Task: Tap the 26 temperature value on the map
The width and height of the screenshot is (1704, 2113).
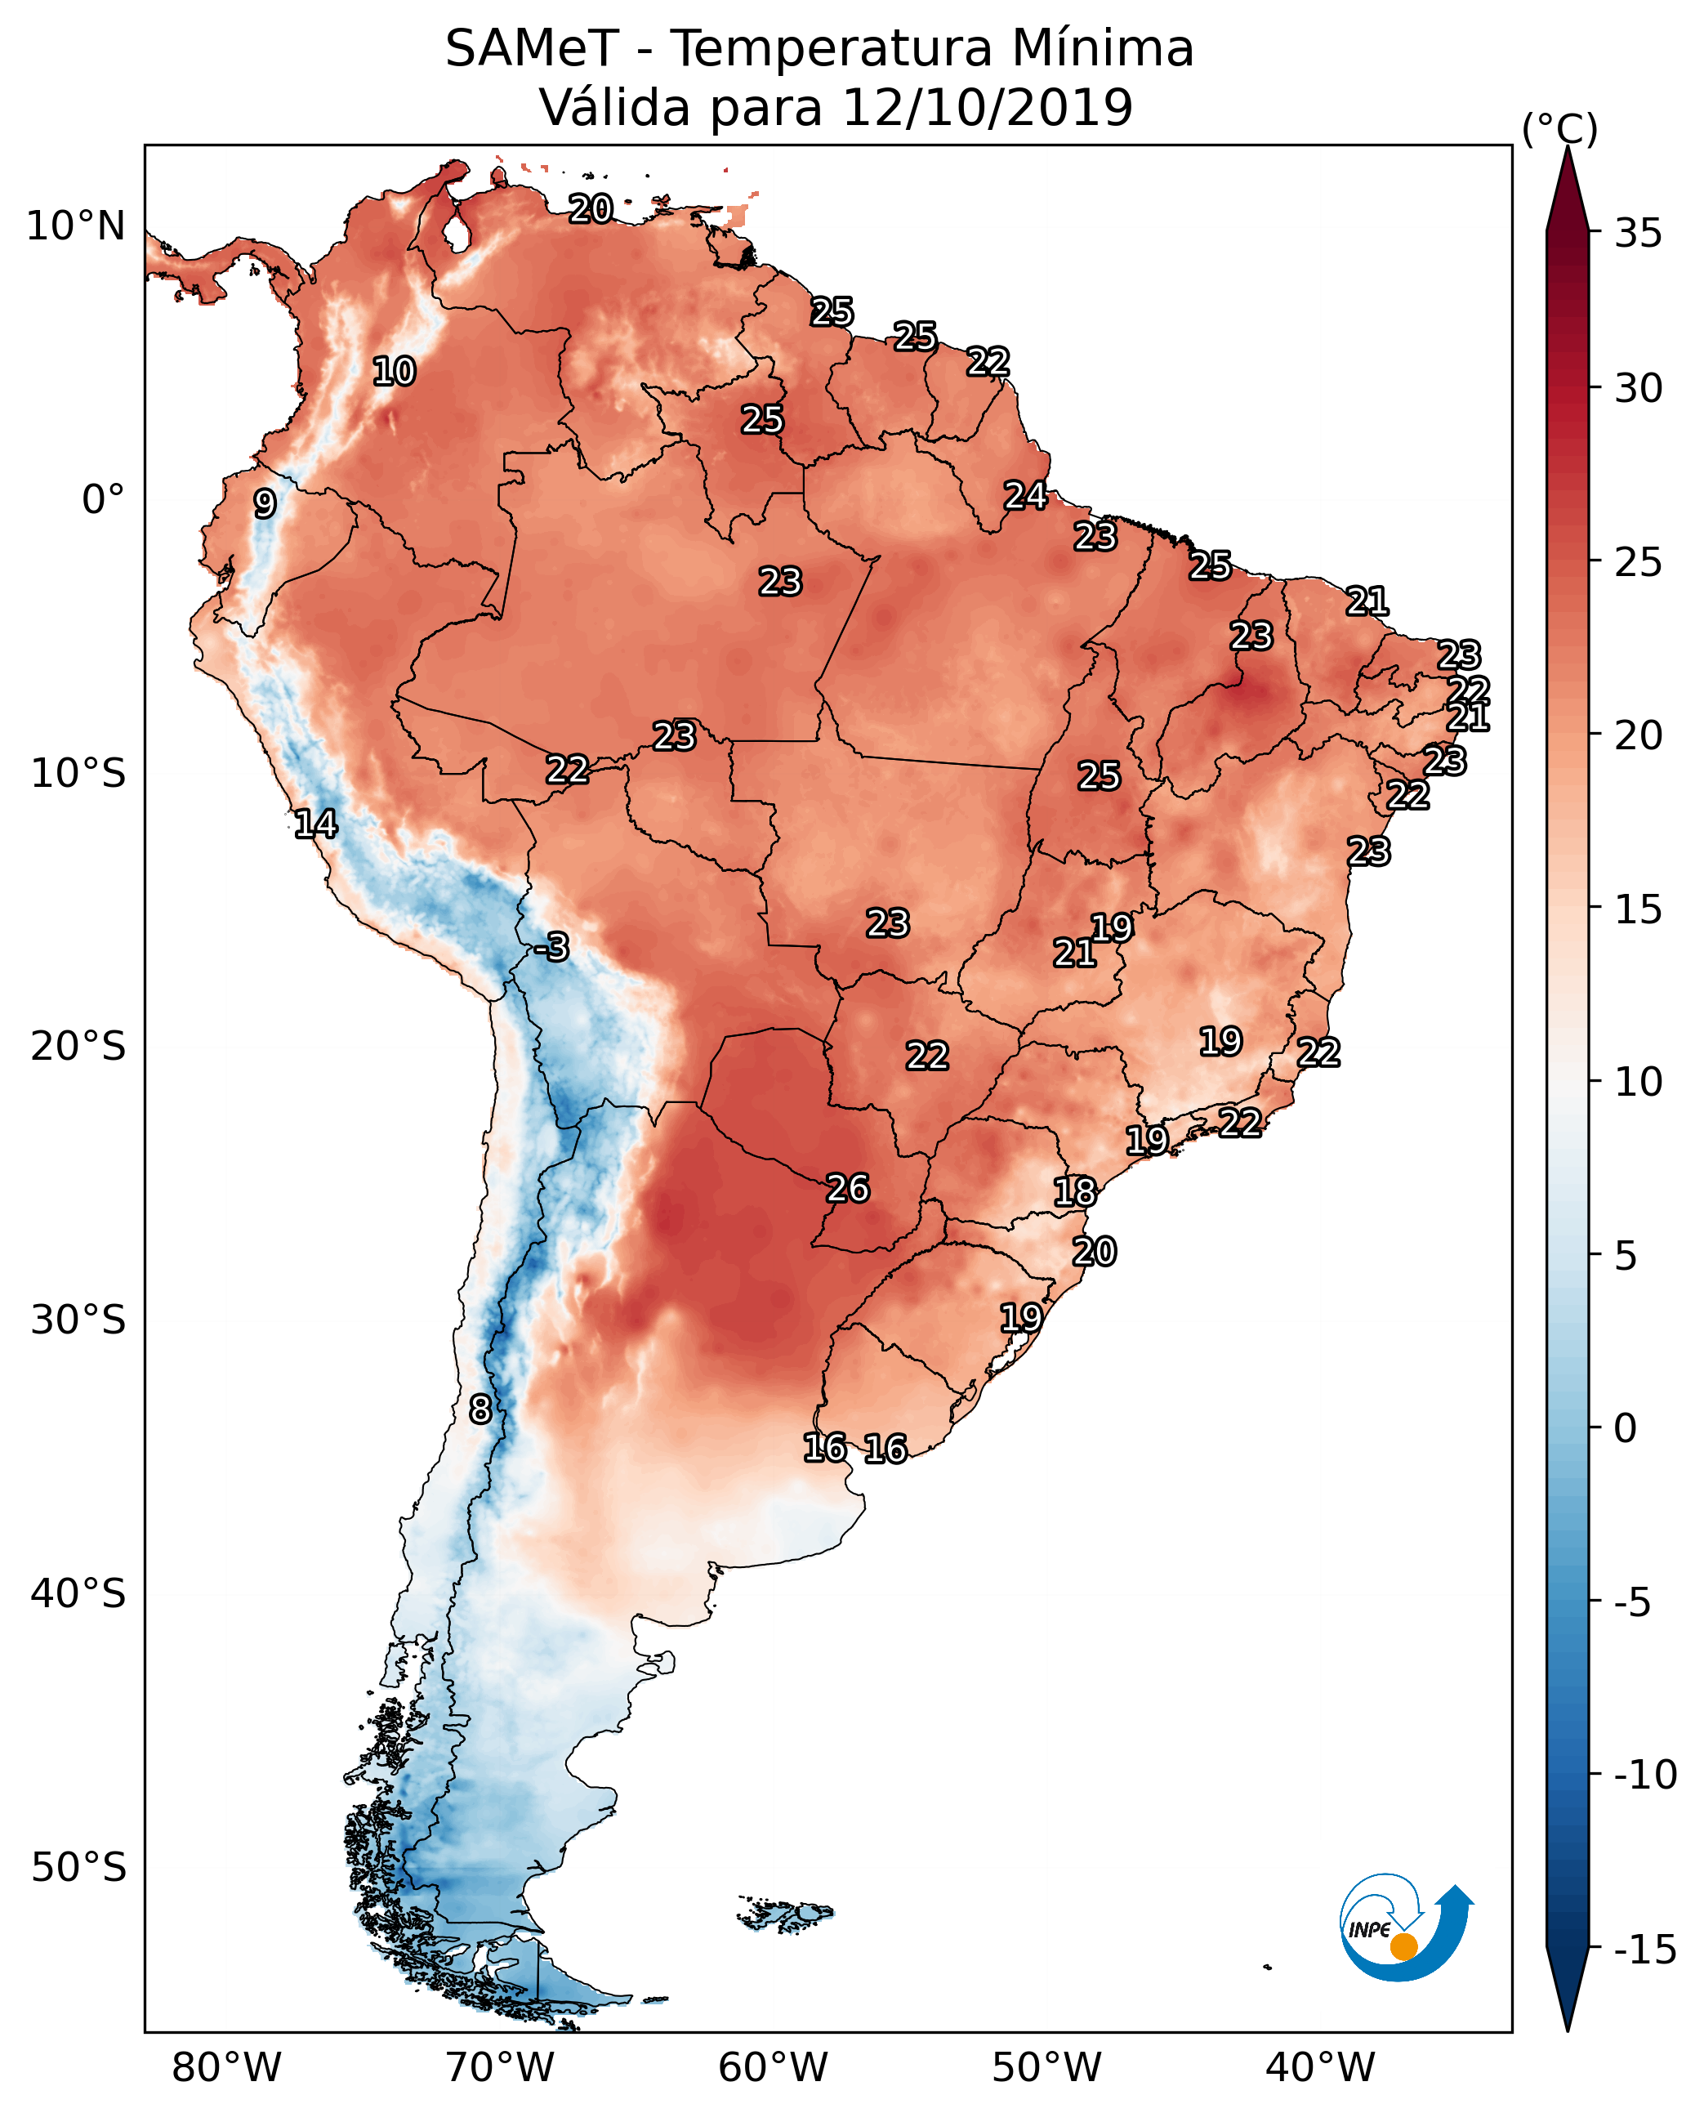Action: (x=848, y=1189)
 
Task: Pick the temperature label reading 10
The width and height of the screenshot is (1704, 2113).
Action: (x=395, y=372)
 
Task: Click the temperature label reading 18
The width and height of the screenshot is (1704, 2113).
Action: (x=1075, y=1192)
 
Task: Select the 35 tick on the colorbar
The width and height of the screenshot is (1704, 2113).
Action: (x=1638, y=234)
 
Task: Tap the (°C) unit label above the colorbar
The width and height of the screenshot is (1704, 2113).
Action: (x=1559, y=128)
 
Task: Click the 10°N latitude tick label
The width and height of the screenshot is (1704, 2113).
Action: (x=76, y=227)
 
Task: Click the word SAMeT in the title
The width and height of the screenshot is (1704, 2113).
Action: (x=532, y=49)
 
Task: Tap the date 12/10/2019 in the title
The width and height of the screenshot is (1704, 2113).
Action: (x=988, y=107)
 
